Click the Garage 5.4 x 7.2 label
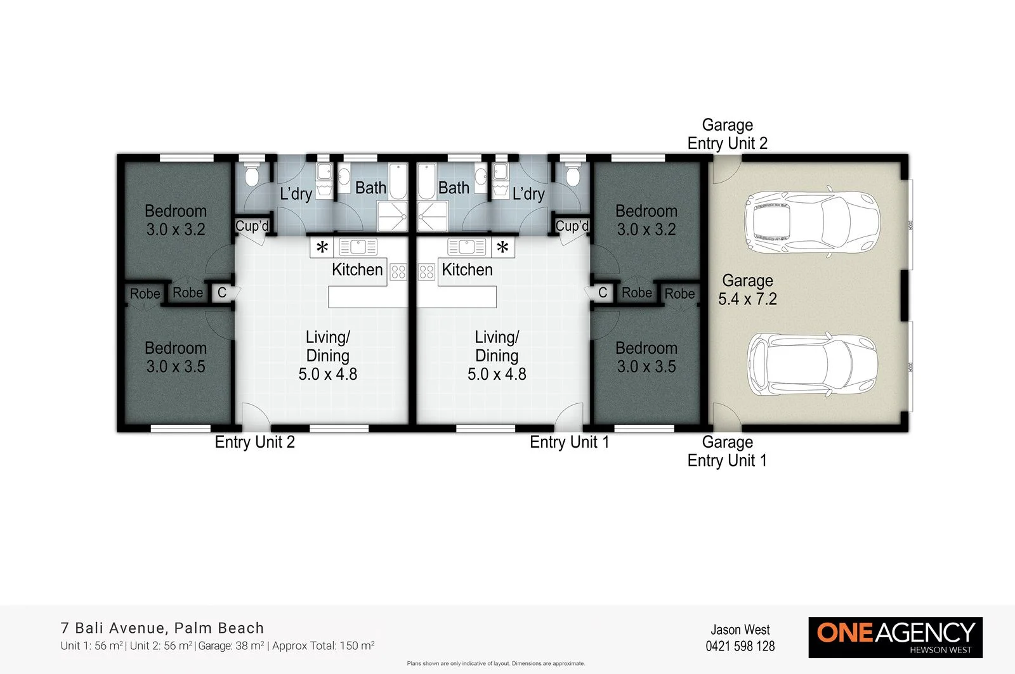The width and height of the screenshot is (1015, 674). click(x=747, y=290)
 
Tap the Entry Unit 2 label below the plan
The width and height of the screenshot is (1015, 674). click(x=254, y=442)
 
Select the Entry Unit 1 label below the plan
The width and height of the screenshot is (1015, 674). click(x=569, y=442)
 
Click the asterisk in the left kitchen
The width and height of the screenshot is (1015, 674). click(x=322, y=248)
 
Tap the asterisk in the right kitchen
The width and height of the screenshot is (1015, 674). click(x=502, y=248)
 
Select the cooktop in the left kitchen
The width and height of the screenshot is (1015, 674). click(x=398, y=272)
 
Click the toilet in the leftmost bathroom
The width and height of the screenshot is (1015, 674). click(x=251, y=174)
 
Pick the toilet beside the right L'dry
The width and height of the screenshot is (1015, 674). click(x=573, y=174)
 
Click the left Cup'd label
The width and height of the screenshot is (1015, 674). click(x=252, y=226)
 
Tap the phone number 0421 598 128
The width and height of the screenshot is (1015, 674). click(x=740, y=646)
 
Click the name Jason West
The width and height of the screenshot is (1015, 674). click(x=740, y=630)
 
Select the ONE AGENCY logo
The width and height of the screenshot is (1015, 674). click(x=895, y=637)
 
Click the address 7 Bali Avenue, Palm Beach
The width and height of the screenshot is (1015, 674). click(x=162, y=628)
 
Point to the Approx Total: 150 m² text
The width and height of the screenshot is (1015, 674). click(x=323, y=646)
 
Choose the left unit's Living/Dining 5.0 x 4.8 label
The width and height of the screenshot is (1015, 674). click(x=327, y=356)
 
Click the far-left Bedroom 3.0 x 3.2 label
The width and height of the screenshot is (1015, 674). click(x=176, y=220)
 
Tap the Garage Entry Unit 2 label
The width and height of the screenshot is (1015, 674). click(x=727, y=134)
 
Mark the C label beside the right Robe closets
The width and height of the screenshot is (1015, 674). click(x=603, y=293)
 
